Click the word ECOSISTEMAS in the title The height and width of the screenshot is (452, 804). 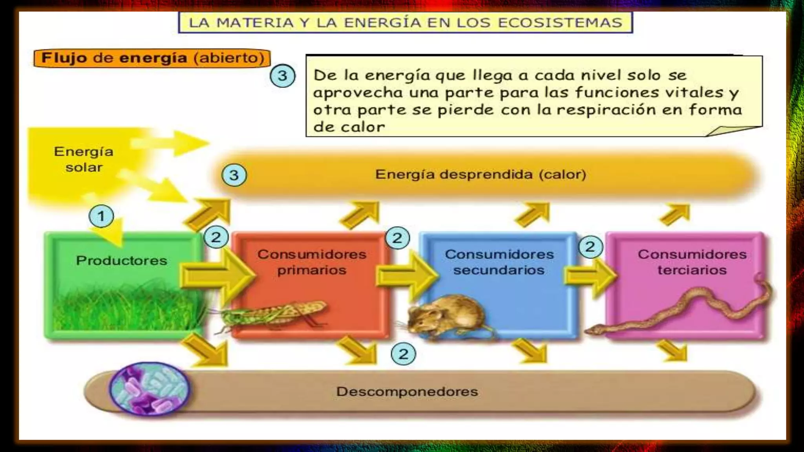(560, 23)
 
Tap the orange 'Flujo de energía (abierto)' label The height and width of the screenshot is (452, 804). (152, 58)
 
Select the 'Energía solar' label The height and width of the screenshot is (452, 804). (84, 159)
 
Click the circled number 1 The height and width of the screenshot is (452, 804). (101, 216)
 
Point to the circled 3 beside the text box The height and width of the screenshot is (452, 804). (282, 76)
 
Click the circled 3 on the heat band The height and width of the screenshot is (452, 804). (234, 175)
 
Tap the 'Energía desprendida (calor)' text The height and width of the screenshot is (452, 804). (481, 174)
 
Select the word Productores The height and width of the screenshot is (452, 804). (121, 261)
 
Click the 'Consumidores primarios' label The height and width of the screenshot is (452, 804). (312, 262)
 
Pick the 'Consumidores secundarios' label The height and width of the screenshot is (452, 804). (499, 262)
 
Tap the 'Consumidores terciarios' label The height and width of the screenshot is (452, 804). (692, 262)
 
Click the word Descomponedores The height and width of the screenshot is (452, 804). (407, 392)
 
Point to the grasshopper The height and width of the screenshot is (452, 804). (275, 314)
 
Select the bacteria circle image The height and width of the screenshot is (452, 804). (150, 389)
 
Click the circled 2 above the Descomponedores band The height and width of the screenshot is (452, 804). (403, 354)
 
